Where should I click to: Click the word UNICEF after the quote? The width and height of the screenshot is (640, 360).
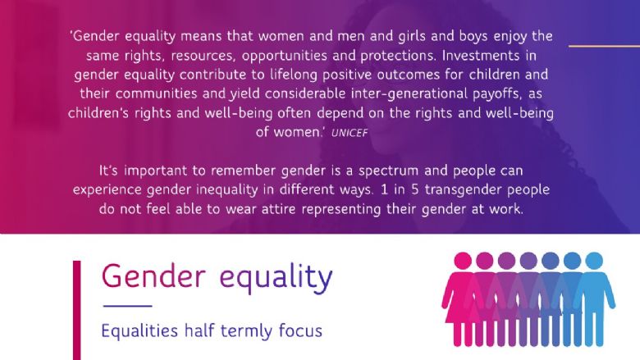[x=350, y=133]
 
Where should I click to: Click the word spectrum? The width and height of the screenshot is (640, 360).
[x=388, y=171]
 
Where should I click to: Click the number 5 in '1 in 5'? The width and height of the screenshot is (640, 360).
[x=414, y=189]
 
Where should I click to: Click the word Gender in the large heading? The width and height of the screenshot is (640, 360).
[x=153, y=276]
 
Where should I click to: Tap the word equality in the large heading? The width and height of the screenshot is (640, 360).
[x=276, y=279]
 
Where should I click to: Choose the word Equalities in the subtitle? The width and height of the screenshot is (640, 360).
[x=139, y=330]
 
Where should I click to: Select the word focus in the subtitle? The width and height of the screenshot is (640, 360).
[x=300, y=330]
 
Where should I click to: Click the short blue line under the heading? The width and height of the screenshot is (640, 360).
[x=128, y=306]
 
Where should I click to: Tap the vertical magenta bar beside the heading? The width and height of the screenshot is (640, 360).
[x=77, y=310]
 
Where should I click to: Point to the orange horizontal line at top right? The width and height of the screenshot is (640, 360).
[x=604, y=46]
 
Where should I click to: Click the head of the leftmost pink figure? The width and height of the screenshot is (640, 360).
[x=463, y=261]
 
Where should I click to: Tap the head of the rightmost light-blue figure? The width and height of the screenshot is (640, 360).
[x=594, y=261]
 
